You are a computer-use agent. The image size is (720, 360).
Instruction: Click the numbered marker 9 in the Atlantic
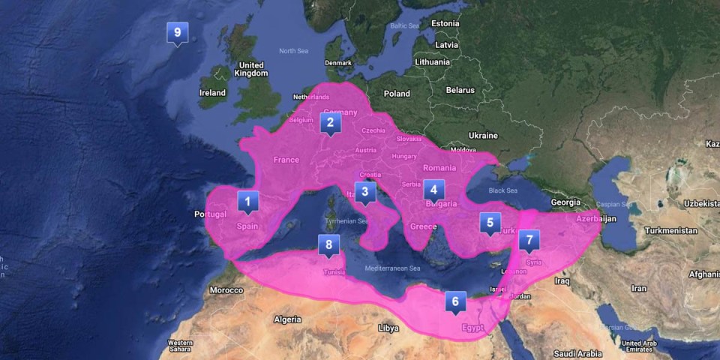pos(177,33)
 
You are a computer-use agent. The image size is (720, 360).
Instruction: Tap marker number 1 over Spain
pos(247,202)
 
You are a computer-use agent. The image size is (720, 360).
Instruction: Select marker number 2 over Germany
pos(330,121)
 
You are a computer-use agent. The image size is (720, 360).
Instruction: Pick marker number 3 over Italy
pos(365,192)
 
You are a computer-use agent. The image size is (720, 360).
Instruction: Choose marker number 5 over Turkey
pos(490,223)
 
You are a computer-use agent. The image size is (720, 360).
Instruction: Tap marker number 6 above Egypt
pos(454,302)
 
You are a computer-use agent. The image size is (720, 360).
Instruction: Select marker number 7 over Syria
pos(529,241)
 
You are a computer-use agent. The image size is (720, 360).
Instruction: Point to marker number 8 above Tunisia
pos(328,245)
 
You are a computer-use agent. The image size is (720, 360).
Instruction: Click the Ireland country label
pos(212,93)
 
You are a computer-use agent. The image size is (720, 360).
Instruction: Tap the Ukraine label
pos(483,136)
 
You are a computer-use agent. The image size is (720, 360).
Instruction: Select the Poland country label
pos(397,94)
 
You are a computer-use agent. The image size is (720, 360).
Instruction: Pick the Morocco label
pos(226,290)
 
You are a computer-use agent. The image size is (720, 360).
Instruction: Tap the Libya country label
pos(388,328)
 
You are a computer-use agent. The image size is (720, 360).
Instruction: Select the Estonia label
pos(445,23)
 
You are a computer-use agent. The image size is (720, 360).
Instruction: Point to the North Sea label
pos(293,51)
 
